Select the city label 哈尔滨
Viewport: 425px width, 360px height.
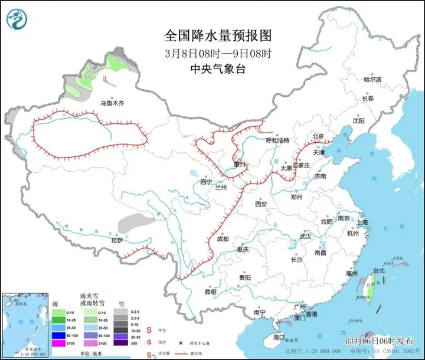[372, 79]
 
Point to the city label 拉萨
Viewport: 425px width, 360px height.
[117, 240]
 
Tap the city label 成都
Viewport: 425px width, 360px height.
[223, 239]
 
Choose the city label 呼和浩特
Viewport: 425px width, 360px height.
[277, 140]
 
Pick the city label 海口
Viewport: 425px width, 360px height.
[279, 337]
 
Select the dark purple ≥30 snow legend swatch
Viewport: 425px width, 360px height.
[120, 343]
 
